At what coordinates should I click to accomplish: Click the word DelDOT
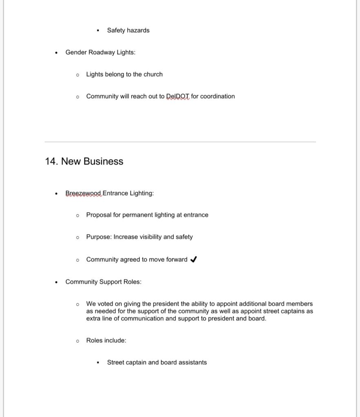point(178,97)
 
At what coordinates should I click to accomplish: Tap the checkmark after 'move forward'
point(194,259)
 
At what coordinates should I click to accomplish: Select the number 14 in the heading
point(51,162)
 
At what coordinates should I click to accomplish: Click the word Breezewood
point(83,193)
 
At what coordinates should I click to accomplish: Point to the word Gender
point(76,53)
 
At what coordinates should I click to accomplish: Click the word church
point(153,75)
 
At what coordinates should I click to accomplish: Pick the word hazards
point(138,31)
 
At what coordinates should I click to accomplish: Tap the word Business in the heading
point(104,162)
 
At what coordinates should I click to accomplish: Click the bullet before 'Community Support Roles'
point(56,282)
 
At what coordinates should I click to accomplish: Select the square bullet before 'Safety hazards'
point(98,31)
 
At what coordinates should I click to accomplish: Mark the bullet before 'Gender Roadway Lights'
point(56,53)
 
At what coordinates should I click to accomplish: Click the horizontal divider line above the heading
point(180,142)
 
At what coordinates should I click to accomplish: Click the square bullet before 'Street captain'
point(98,362)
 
